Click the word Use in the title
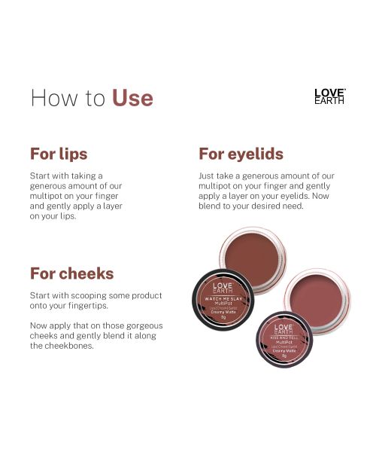tap(132, 98)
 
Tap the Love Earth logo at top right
tap(329, 96)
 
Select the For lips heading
tap(59, 154)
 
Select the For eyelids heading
tap(241, 154)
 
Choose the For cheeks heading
tap(71, 273)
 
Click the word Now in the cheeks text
tap(39, 325)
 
